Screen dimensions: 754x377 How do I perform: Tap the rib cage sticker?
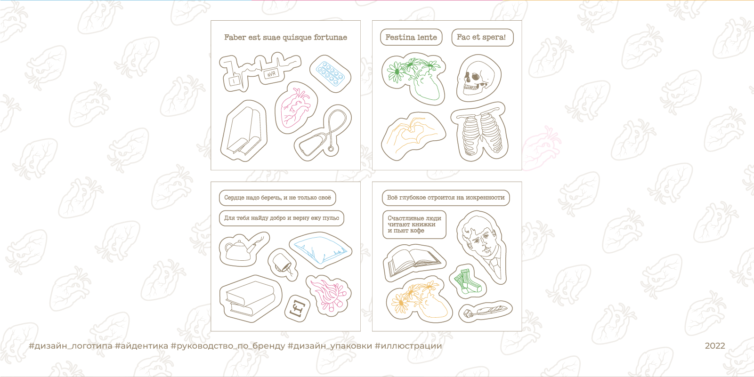pyautogui.click(x=479, y=132)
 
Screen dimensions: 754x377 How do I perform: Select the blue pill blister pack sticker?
pyautogui.click(x=330, y=73)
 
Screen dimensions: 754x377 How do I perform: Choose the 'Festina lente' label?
pyautogui.click(x=411, y=37)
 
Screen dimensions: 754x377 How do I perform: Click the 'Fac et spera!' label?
pyautogui.click(x=482, y=37)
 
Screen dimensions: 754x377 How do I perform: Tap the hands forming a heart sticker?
pyautogui.click(x=413, y=136)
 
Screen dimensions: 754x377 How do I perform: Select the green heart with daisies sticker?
pyautogui.click(x=414, y=78)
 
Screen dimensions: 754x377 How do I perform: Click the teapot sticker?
pyautogui.click(x=243, y=249)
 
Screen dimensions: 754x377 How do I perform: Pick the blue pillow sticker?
pyautogui.click(x=320, y=250)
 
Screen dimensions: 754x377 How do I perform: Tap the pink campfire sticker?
pyautogui.click(x=329, y=295)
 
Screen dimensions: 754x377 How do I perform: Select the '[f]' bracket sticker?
pyautogui.click(x=298, y=308)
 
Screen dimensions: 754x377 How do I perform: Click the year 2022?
pyautogui.click(x=715, y=346)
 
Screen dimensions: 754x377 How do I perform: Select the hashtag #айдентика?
pyautogui.click(x=141, y=346)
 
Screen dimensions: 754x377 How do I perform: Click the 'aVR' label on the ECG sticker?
pyautogui.click(x=271, y=73)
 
